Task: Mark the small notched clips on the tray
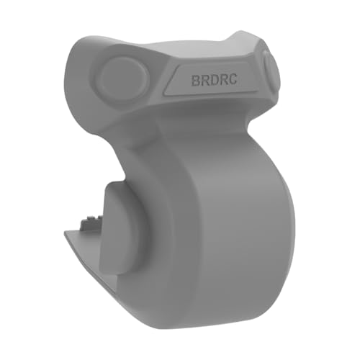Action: (90, 216)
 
